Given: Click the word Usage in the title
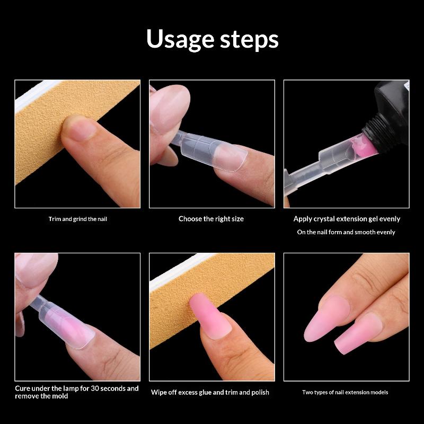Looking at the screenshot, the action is tap(181, 39).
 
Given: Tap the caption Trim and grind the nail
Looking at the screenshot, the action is tap(78, 219).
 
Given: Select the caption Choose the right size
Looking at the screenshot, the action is tap(211, 219).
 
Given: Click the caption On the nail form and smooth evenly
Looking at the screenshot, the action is tap(346, 232).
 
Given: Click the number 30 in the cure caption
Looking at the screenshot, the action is tap(95, 388).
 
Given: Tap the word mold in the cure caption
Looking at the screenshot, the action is tap(60, 396).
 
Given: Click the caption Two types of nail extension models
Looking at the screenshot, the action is tap(345, 392).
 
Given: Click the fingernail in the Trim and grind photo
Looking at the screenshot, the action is tap(81, 130).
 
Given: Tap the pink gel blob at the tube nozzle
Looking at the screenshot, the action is tap(363, 147).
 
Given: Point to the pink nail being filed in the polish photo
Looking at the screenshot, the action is tap(209, 315).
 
